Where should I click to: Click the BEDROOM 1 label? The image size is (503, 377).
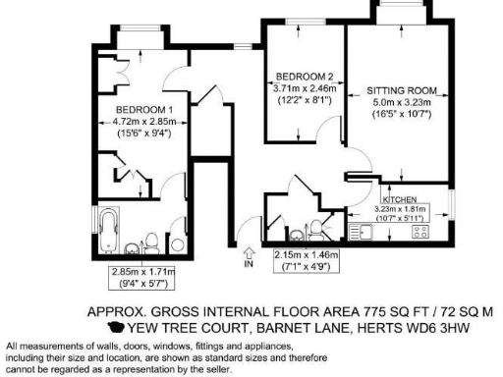click(144, 109)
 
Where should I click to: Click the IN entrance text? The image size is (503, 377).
click(248, 264)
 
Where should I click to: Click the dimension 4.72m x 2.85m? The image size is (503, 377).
click(144, 121)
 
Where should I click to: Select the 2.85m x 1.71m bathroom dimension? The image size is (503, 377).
click(142, 272)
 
